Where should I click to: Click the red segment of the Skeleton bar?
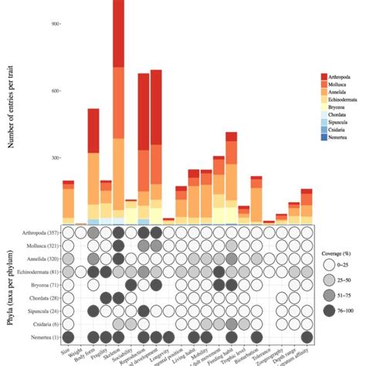point(118,31)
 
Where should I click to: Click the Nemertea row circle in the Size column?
point(68,337)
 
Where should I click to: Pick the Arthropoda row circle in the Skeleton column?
point(118,232)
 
